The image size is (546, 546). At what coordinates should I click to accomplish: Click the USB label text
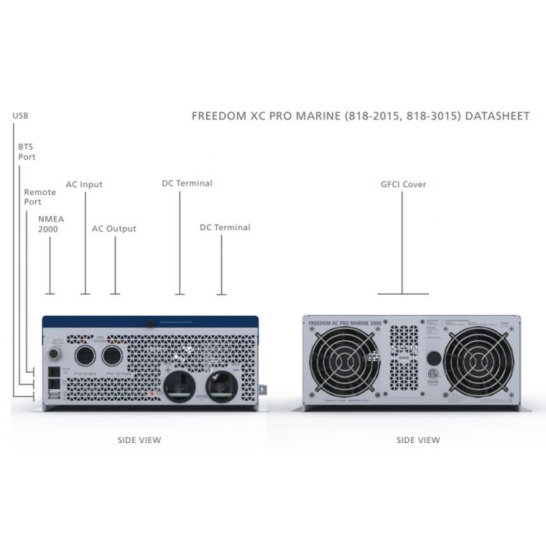(20, 116)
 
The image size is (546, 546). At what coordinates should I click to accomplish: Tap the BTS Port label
(27, 151)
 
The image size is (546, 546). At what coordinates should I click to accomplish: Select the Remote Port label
(39, 197)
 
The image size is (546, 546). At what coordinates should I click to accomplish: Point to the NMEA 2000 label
(48, 225)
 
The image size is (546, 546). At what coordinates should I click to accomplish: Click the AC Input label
(84, 185)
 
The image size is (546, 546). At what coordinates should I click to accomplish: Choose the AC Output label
(114, 229)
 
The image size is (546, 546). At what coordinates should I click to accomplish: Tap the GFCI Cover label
(403, 185)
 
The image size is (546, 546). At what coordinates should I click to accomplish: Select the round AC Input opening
(84, 356)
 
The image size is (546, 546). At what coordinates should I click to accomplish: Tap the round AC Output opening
(114, 356)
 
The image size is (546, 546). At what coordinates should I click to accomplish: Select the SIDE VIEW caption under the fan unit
(418, 440)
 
